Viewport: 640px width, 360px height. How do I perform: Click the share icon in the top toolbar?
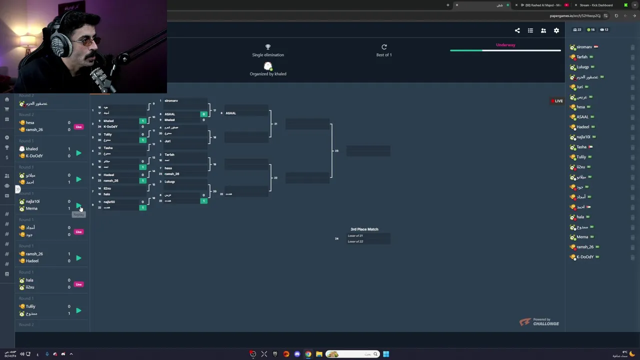pos(517,30)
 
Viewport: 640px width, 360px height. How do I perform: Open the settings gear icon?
pos(556,30)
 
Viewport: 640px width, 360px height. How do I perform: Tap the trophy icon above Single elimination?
pos(268,47)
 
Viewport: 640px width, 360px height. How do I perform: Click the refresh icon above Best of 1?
pos(384,47)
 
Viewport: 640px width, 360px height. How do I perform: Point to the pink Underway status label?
pos(505,45)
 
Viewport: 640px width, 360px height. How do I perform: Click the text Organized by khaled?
pos(268,74)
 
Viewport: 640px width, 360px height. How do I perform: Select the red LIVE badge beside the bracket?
pos(557,101)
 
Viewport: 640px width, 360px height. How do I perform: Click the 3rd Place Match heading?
pos(364,229)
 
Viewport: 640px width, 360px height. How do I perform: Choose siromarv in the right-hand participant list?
pos(584,47)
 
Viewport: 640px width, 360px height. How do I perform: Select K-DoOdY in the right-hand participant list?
pos(585,257)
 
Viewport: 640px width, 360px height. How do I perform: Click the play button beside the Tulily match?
pos(78,310)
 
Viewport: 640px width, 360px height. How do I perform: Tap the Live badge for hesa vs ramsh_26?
pos(78,126)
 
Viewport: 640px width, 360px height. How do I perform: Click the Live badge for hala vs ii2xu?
pos(78,284)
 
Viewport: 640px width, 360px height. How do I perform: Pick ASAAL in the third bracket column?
pos(230,113)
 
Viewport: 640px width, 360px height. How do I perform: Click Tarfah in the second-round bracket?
pos(169,154)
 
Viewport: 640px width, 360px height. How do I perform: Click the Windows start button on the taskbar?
pos(386,354)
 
